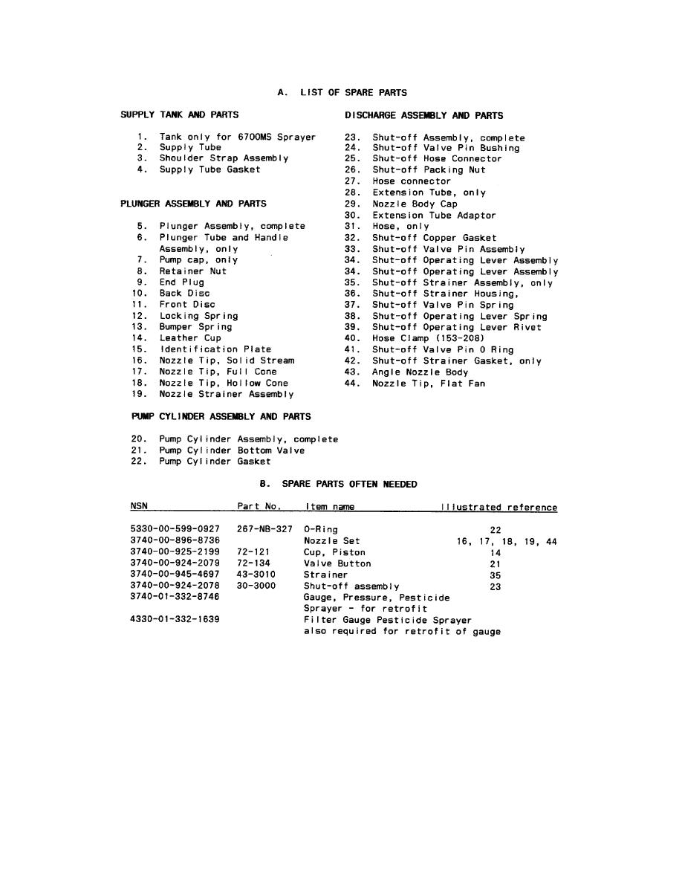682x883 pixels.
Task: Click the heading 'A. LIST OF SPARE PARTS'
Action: click(x=342, y=93)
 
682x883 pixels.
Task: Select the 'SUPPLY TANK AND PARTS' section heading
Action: click(x=180, y=115)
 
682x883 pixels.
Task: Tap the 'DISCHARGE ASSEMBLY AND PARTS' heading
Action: click(x=423, y=116)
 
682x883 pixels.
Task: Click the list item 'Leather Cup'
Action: click(x=190, y=338)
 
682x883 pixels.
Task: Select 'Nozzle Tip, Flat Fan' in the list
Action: click(x=429, y=384)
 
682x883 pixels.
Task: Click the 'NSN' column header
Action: click(x=139, y=507)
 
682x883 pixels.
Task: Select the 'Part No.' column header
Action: click(x=259, y=507)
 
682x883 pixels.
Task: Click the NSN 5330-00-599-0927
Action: click(x=175, y=530)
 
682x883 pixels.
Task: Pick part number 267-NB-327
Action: click(x=260, y=530)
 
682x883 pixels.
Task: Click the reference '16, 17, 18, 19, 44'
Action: click(x=507, y=542)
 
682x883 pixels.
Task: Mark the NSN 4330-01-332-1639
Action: click(x=175, y=620)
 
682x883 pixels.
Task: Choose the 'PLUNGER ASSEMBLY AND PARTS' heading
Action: click(x=193, y=204)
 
